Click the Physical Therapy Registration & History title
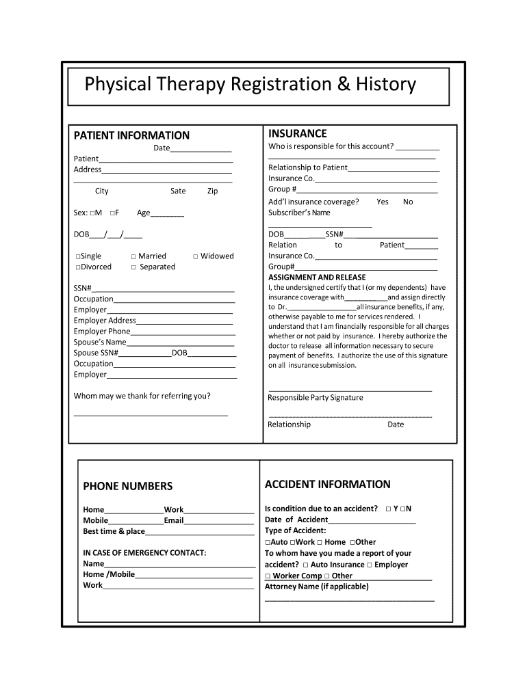[x=250, y=85]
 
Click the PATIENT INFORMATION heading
[x=131, y=135]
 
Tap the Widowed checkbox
[x=196, y=256]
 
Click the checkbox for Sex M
[x=92, y=213]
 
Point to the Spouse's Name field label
[x=100, y=342]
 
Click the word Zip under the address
[x=212, y=191]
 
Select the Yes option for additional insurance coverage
[x=382, y=202]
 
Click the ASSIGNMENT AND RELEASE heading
[x=317, y=278]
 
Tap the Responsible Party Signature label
[x=316, y=398]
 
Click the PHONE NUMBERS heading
[x=128, y=487]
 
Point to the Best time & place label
[x=114, y=531]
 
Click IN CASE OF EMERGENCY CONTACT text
[x=144, y=552]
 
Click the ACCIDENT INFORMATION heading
[x=327, y=485]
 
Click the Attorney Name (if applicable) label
[x=316, y=587]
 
